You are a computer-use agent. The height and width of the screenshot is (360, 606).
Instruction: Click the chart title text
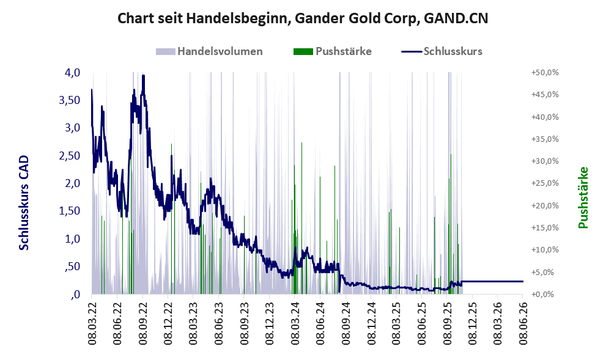303,18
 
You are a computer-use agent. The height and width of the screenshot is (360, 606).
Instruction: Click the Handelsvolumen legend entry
209,51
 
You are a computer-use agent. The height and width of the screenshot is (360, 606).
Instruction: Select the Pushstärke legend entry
333,51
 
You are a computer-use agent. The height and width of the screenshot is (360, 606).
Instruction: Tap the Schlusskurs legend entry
442,51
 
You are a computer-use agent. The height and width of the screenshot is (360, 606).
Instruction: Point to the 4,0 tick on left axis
72,73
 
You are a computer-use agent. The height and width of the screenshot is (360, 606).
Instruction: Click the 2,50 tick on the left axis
69,156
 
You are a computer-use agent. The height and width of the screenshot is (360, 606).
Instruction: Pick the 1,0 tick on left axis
72,239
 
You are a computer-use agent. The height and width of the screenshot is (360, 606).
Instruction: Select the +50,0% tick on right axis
545,73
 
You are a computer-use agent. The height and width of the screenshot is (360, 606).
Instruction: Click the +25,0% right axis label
545,183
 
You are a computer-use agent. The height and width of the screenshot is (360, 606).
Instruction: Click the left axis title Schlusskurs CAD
24,203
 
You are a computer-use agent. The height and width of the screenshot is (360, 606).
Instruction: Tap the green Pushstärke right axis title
583,197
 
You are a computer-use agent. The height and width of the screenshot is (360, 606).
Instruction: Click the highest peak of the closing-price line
143,75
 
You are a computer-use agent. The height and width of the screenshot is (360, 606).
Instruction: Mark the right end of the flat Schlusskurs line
523,281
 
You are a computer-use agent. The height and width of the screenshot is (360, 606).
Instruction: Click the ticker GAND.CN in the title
456,18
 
